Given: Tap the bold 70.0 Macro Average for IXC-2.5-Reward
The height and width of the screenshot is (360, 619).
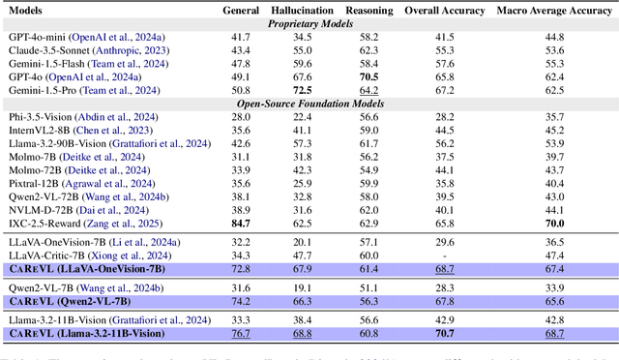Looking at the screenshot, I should click(554, 223).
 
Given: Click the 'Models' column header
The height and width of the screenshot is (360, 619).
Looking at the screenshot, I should click(26, 10).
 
